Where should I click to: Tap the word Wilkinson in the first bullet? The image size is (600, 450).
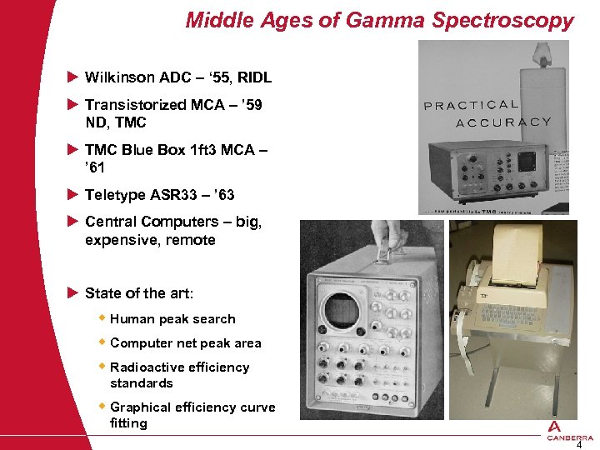coord(120,77)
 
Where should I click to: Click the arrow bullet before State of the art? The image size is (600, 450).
coord(72,292)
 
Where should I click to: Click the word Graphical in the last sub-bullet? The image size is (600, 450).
coord(142,407)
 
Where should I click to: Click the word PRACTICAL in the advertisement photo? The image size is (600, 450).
coord(472,105)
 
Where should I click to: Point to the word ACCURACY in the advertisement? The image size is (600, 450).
coord(503,122)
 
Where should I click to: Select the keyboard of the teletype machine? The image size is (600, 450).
coord(522,322)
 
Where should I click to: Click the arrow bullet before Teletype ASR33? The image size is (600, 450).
coord(72,195)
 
